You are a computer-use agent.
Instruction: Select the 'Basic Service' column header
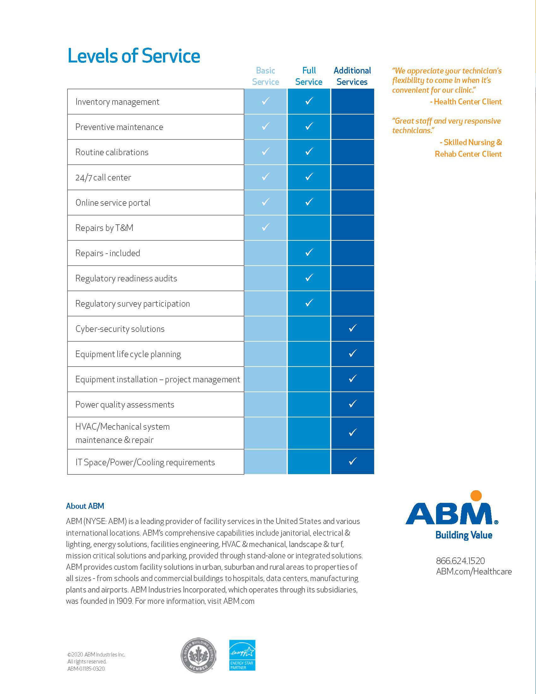click(x=265, y=76)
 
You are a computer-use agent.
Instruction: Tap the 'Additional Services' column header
click(x=352, y=76)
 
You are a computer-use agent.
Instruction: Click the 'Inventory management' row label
click(x=117, y=102)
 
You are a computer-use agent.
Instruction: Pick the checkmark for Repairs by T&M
click(x=265, y=227)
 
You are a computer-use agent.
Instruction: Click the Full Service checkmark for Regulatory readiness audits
click(x=309, y=278)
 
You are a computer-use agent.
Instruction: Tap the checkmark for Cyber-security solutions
click(x=352, y=328)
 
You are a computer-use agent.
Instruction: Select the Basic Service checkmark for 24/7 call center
click(x=265, y=177)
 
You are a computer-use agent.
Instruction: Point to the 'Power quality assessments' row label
click(x=125, y=404)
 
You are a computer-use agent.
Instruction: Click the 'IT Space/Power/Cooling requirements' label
click(x=145, y=462)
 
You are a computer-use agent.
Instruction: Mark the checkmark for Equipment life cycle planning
click(x=352, y=353)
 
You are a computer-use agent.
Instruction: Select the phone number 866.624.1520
click(x=460, y=561)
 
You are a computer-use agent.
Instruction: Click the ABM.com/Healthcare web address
click(x=474, y=572)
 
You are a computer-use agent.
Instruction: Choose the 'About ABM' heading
click(x=85, y=506)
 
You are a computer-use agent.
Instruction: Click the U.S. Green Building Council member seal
click(x=198, y=655)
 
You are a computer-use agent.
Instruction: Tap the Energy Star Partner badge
click(x=242, y=655)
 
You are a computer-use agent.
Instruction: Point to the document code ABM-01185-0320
click(x=86, y=668)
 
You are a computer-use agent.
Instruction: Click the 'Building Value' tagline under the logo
click(x=463, y=535)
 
